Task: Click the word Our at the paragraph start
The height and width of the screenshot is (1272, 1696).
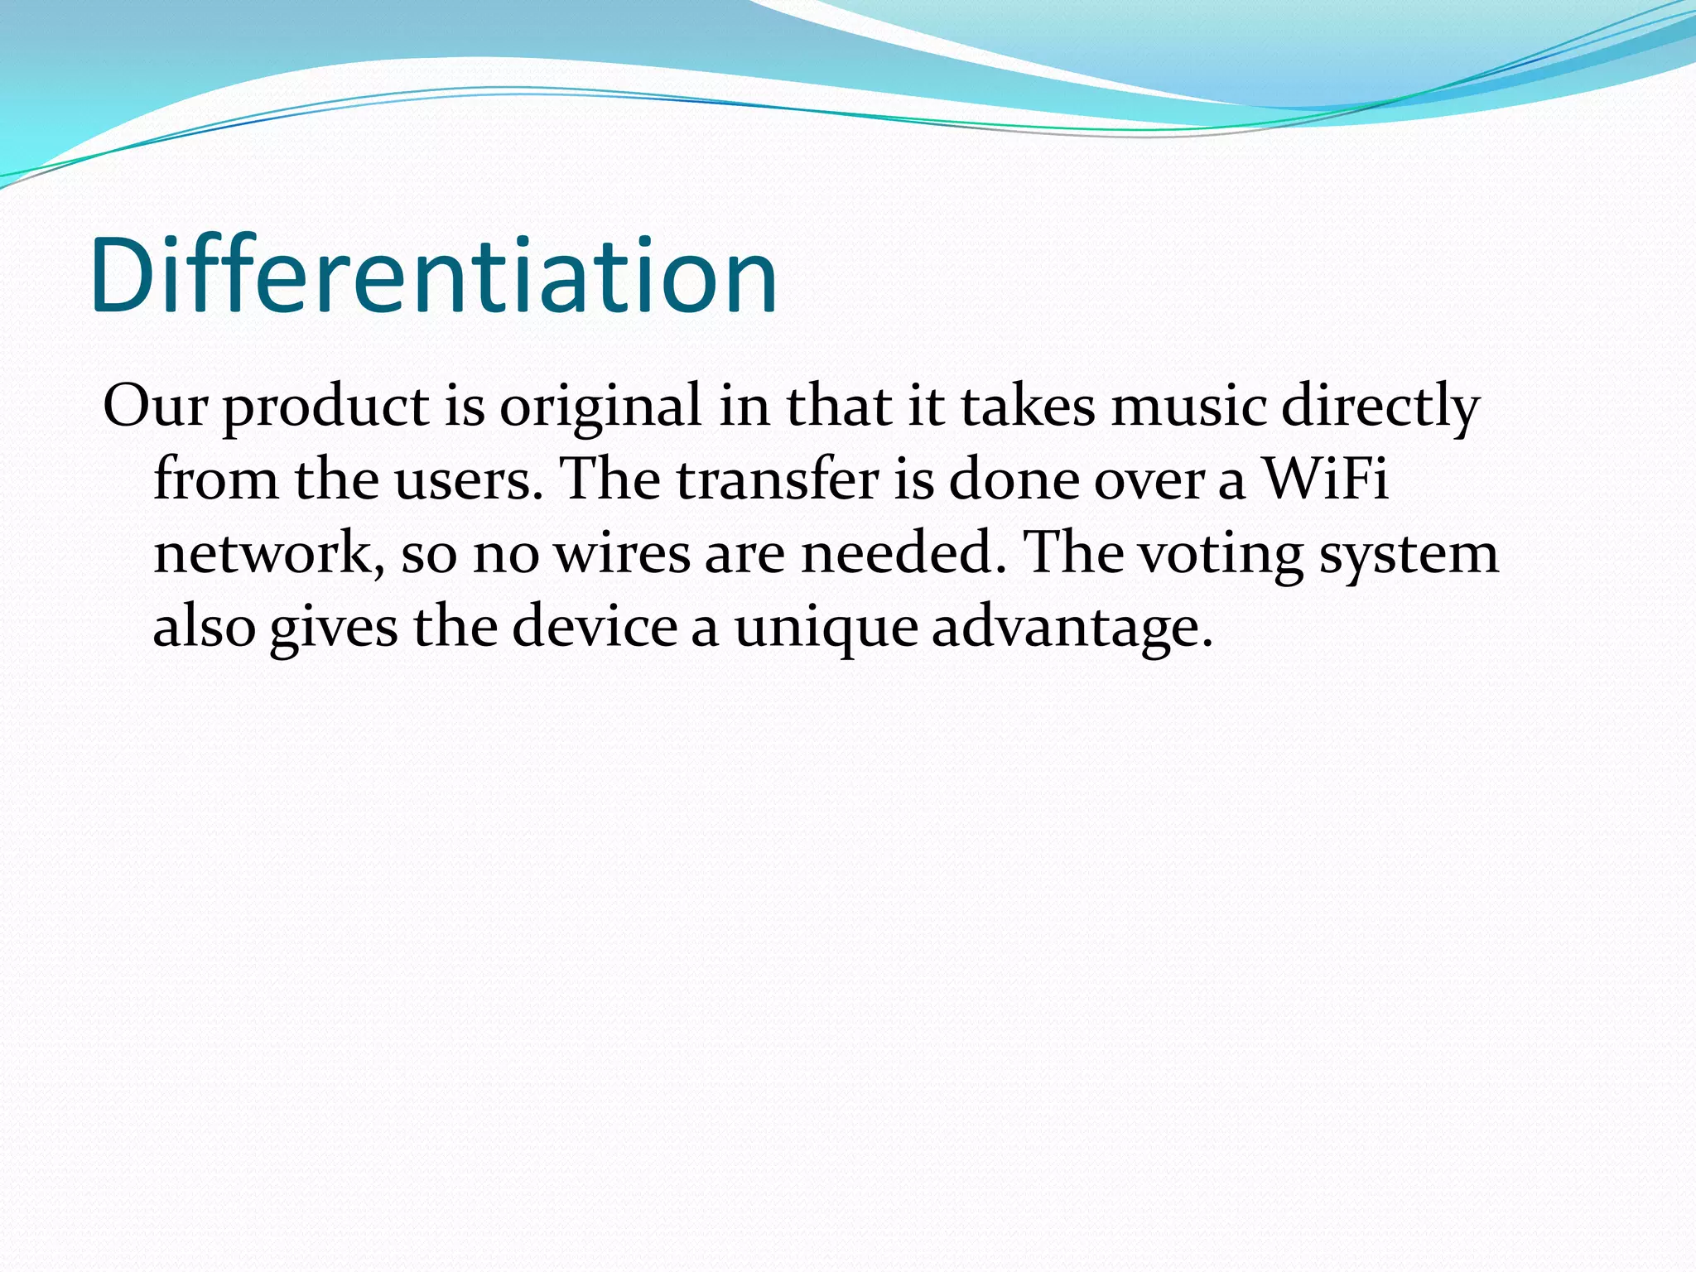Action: pos(154,407)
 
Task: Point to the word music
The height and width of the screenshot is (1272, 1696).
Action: pos(1188,407)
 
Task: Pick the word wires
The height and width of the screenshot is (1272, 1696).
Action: pos(622,552)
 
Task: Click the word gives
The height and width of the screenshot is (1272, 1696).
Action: pos(334,628)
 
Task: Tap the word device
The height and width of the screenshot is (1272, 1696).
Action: pos(595,626)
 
